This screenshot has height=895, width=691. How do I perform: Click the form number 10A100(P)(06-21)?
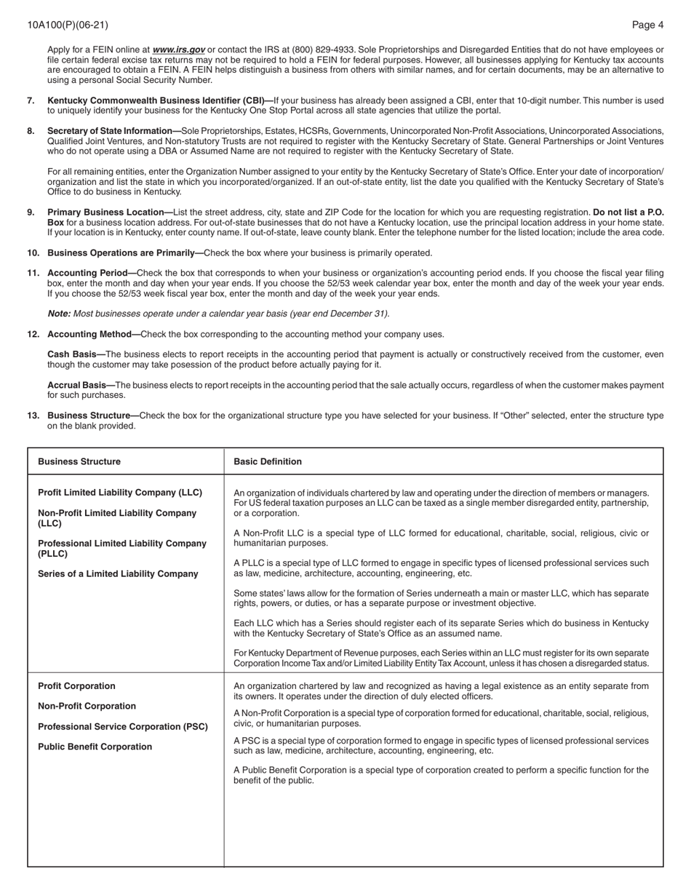tap(68, 25)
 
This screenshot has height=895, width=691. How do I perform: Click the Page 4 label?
tap(647, 25)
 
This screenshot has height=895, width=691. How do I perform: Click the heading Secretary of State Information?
tap(113, 131)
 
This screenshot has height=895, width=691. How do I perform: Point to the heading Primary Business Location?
tap(109, 212)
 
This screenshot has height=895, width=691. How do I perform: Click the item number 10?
tap(33, 253)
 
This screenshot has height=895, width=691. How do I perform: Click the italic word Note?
tap(59, 314)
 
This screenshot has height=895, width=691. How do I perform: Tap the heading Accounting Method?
tap(93, 335)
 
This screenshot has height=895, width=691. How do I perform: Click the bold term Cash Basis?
tap(76, 354)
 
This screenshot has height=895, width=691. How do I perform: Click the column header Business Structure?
tap(79, 461)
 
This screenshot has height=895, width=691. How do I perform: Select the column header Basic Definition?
tap(267, 461)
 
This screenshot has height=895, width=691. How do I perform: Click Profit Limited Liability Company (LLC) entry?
tap(120, 493)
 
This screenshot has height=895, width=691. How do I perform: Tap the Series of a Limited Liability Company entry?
tap(118, 574)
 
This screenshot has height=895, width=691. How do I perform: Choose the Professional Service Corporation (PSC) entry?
tap(122, 727)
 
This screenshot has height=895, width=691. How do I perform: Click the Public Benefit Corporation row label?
tap(95, 747)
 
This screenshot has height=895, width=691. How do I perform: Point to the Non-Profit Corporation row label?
tap(87, 707)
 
